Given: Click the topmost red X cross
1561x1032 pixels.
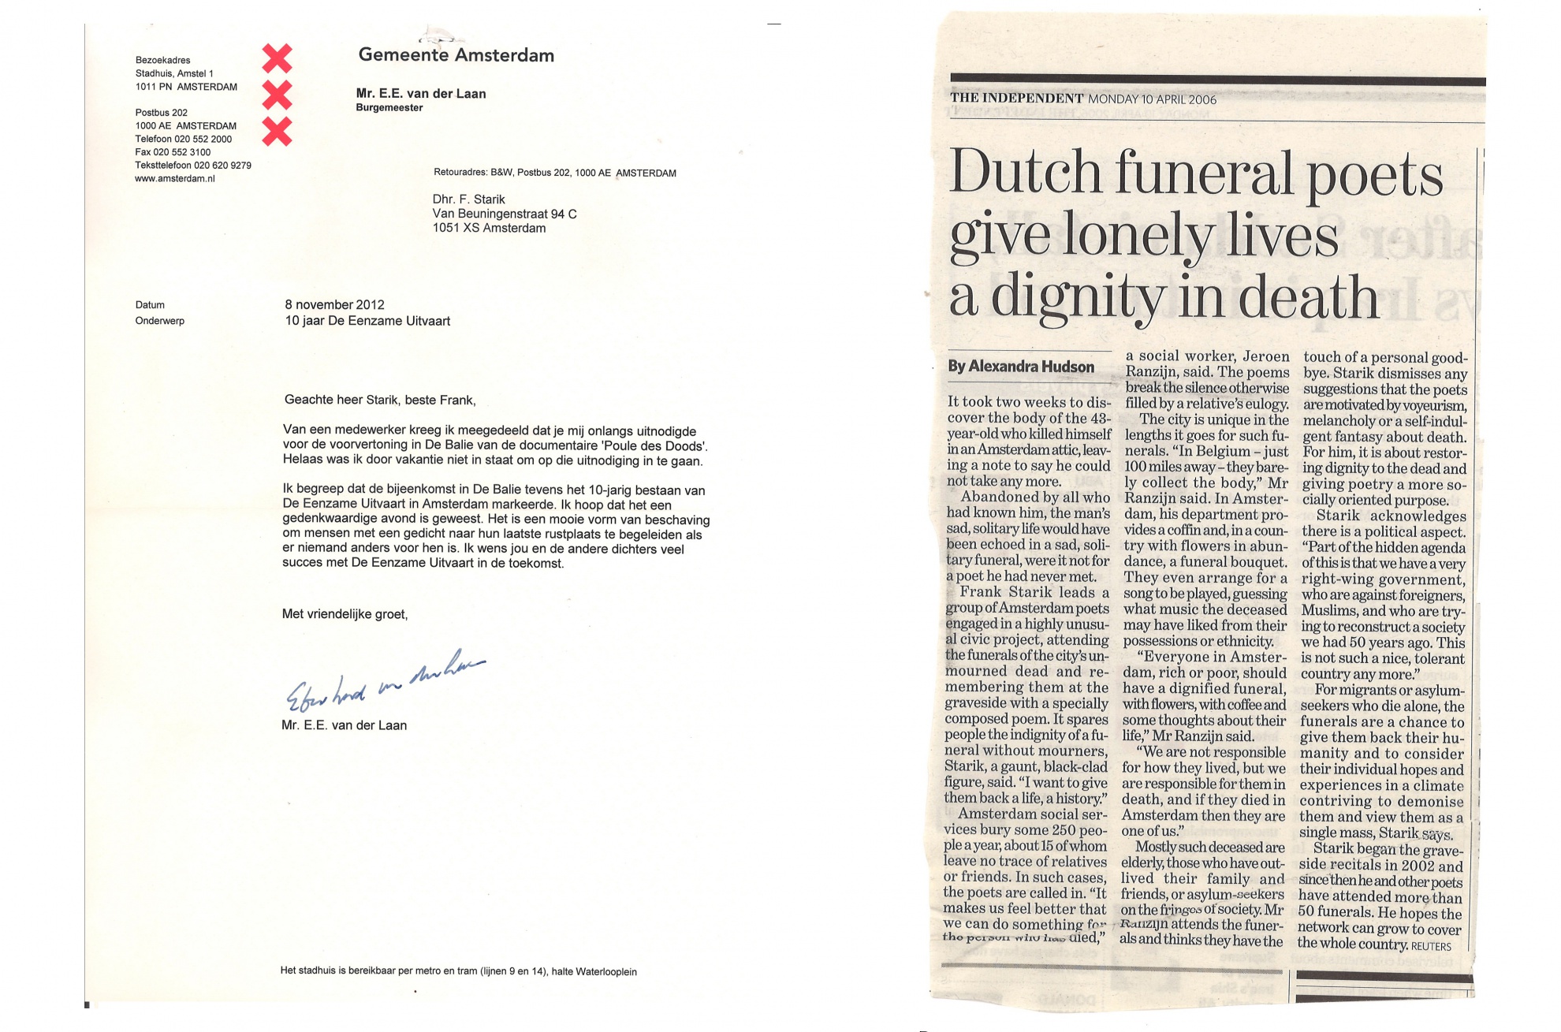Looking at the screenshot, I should [277, 58].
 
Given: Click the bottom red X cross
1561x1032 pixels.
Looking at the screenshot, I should [277, 132].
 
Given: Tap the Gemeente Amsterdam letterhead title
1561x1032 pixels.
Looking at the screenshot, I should [456, 55].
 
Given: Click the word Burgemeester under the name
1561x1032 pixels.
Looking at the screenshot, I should [389, 108].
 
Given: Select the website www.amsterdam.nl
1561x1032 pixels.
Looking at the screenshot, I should [175, 179].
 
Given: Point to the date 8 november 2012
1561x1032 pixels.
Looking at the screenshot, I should [334, 305].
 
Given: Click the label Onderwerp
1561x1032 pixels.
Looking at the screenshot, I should [160, 322].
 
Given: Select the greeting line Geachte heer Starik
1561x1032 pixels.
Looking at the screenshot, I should [380, 400].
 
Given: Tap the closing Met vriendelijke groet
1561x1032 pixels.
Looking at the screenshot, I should [345, 614].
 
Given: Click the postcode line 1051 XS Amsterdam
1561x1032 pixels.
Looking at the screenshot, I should [489, 229].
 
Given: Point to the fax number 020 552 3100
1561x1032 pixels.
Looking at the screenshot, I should [173, 152].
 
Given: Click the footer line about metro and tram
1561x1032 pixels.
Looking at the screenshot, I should [458, 972].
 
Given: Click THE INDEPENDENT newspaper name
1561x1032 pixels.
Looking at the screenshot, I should [1016, 99].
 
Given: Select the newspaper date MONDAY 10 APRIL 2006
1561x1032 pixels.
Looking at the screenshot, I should [1152, 99].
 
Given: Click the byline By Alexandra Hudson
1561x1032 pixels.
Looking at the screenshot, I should [1020, 367].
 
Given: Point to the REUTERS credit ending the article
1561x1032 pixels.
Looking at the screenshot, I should [1431, 946].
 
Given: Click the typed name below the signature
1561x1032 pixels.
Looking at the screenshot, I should [345, 726].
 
